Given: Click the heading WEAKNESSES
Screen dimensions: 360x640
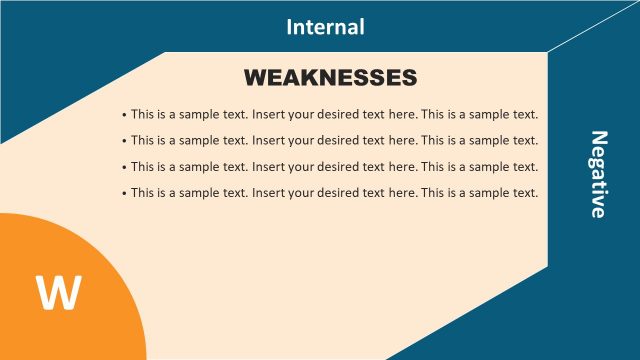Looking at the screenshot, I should click(330, 77).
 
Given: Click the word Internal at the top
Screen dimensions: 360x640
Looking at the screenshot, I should click(325, 27).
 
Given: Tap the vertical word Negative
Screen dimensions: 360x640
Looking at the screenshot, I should click(598, 174).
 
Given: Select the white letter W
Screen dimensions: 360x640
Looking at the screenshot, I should click(58, 293).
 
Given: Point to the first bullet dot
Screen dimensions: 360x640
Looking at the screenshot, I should click(123, 115).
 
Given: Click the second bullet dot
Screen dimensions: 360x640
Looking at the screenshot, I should click(123, 141).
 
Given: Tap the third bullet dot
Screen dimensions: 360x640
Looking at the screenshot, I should click(123, 167).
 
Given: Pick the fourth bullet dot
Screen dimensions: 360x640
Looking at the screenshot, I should click(123, 193).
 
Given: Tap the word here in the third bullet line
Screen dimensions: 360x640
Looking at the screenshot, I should click(401, 166).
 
